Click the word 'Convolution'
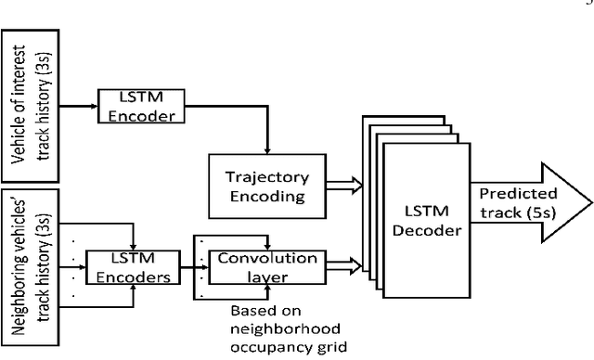click(265, 258)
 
